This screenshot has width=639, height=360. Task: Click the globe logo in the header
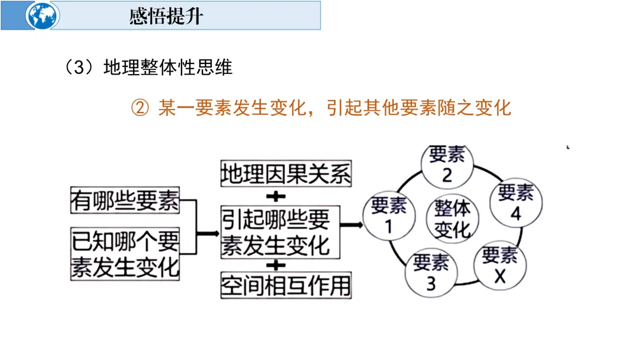(42, 15)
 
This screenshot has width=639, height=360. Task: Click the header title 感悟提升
(166, 16)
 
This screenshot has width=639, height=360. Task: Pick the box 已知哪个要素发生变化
(124, 253)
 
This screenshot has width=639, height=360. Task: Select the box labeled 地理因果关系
(286, 174)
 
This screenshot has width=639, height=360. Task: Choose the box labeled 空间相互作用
(286, 285)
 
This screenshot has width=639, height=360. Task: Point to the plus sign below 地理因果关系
(276, 195)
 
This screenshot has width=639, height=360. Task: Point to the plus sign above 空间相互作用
(276, 265)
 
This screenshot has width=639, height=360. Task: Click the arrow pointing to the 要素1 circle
(352, 226)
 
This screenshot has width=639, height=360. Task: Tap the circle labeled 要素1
(389, 216)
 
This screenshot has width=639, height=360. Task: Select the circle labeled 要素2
(447, 164)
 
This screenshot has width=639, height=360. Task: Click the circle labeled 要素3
(431, 272)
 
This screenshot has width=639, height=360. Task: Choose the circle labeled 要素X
(499, 266)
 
